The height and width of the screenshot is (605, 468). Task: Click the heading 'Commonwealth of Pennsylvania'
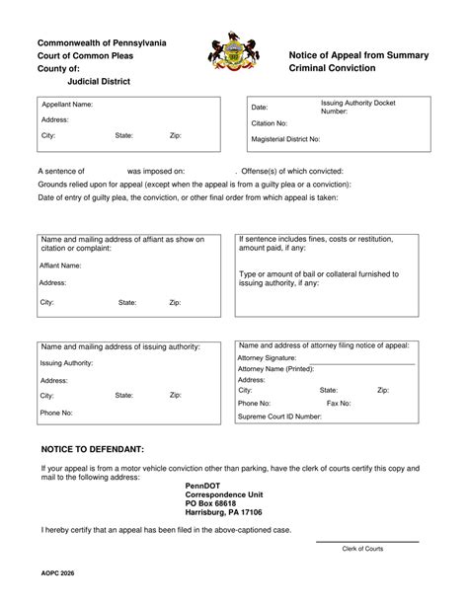point(102,42)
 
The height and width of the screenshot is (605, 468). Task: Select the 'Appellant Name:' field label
point(67,104)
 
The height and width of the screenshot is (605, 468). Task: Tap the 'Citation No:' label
point(270,123)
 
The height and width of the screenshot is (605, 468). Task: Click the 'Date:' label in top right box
point(260,107)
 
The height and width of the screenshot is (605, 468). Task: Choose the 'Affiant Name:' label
point(60,265)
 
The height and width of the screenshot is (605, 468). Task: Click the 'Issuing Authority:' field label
point(66,363)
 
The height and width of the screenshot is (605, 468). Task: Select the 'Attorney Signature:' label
point(267,357)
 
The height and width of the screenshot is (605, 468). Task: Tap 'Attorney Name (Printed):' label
point(277,368)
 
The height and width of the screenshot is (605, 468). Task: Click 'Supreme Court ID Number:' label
point(279,416)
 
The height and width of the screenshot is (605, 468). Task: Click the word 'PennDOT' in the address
point(202,486)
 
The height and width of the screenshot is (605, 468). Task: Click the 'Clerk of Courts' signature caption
point(363,548)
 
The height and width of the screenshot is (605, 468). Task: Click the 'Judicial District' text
point(92,81)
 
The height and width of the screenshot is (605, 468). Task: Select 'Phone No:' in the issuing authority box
point(57,412)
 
